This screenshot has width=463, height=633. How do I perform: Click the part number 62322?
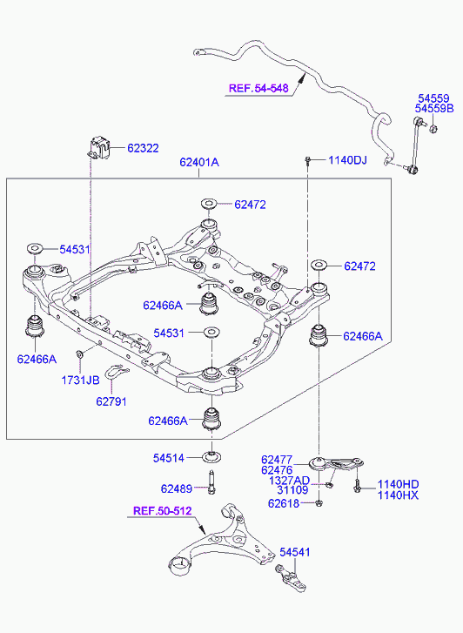(143, 148)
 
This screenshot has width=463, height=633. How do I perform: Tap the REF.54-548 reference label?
(258, 89)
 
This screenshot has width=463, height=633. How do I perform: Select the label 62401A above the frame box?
(199, 162)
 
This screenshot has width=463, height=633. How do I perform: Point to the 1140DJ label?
(347, 160)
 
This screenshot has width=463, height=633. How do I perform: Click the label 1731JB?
(80, 380)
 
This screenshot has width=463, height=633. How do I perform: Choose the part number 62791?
(111, 401)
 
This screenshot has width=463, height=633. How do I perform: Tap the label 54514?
(168, 458)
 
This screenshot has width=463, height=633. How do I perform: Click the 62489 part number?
(177, 488)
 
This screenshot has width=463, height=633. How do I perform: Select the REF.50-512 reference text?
(162, 511)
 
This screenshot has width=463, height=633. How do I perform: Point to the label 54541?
(295, 552)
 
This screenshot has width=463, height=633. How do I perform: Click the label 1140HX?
(398, 495)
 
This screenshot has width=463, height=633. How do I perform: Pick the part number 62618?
(284, 503)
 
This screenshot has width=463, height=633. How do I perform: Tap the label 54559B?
(434, 108)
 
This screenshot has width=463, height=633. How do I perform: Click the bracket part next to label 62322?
(98, 148)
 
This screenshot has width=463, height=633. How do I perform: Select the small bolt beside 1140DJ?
(307, 161)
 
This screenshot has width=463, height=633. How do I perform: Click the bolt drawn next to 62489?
(211, 482)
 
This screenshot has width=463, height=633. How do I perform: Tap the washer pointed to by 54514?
(211, 457)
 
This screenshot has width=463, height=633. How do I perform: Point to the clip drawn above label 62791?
(116, 371)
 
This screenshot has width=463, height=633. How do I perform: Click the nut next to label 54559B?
(433, 129)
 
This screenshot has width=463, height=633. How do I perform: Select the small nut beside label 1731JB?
(79, 354)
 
